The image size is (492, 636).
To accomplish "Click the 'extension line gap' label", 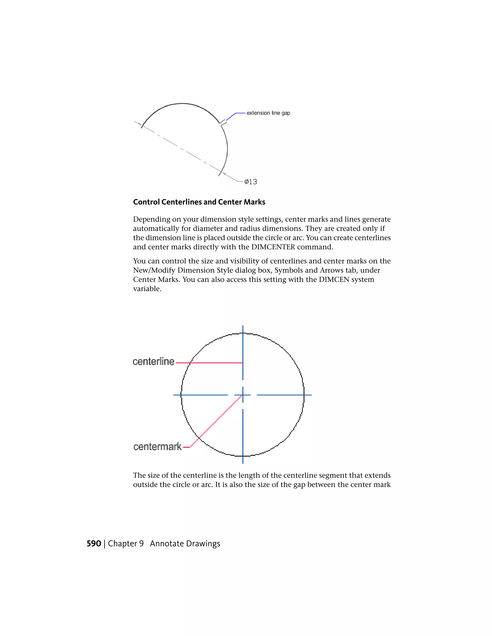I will point(268,113).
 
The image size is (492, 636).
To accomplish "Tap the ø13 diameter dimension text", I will point(251,182).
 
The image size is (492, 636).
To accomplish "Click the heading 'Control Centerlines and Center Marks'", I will point(199,202).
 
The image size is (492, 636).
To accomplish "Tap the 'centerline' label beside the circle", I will point(154,362).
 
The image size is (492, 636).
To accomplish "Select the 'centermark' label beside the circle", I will point(157,447).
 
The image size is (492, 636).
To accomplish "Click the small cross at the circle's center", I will point(243,395).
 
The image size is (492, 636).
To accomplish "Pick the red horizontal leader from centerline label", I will point(210,363).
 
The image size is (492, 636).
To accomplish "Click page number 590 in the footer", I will point(93,544).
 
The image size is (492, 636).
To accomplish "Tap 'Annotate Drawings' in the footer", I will point(185,544).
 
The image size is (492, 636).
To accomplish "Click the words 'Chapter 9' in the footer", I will point(126,544).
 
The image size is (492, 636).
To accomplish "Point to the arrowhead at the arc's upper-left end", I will point(139,124).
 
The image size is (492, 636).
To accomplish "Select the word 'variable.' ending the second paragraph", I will point(147,289).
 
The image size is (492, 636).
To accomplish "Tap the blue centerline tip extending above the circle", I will point(243,329).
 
